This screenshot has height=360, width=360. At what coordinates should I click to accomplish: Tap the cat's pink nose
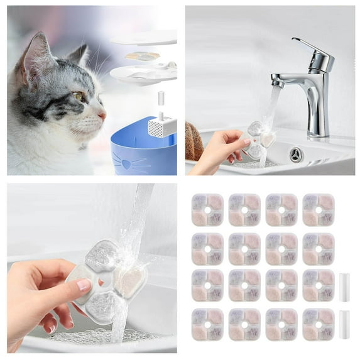tap(102, 116)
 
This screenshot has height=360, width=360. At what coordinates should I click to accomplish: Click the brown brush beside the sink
tap(194, 141)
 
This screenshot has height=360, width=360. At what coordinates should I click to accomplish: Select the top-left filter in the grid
tap(207, 210)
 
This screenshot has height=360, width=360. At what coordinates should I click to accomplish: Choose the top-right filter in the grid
tap(319, 210)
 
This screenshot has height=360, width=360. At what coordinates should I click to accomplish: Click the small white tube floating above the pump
tap(161, 97)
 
